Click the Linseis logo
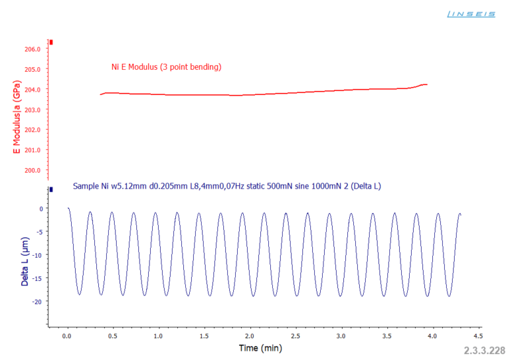point(470,13)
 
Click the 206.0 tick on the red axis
point(33,49)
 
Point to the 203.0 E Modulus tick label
point(33,109)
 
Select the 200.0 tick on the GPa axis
point(33,170)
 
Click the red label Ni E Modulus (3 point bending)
point(166,67)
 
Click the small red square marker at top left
point(51,42)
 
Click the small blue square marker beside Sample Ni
point(51,189)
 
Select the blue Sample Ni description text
point(227,187)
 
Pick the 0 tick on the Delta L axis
point(42,209)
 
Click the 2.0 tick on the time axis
point(249,336)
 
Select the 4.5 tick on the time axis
point(477,336)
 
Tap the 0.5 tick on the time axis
point(112,336)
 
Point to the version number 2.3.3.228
point(484,350)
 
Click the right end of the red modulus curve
point(427,84)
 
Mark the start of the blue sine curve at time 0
point(67,208)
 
